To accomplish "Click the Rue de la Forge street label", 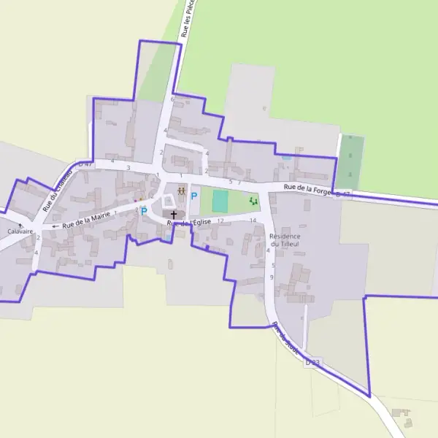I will [x=307, y=189].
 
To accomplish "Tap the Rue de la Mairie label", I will [x=86, y=218].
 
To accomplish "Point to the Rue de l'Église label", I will [x=189, y=222].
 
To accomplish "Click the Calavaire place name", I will [x=20, y=231].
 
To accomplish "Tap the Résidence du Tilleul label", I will [x=285, y=240].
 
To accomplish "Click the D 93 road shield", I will [x=312, y=362].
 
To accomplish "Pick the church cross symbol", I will [x=173, y=215].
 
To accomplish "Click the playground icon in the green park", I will [x=253, y=201].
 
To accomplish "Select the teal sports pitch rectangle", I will [x=220, y=200].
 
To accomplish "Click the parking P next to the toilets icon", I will [x=194, y=196].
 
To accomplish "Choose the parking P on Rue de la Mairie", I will [x=144, y=212].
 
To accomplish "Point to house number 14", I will [x=253, y=220].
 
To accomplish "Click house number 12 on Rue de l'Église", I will [x=220, y=220].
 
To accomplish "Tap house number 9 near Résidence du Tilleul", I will [x=272, y=277].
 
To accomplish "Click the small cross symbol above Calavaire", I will [x=20, y=224].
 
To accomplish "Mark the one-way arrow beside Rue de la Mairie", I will [x=55, y=226].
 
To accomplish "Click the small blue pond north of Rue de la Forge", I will [x=286, y=158].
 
